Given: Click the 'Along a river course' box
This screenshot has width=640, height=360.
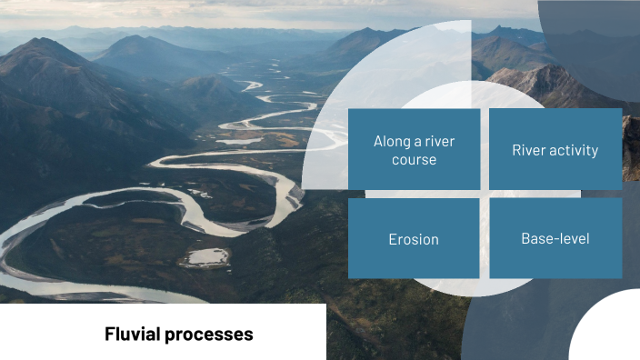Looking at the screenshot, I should point(414,150).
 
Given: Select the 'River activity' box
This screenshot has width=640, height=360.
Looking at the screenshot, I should point(555,150).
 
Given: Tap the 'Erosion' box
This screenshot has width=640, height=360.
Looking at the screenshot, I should point(414,238).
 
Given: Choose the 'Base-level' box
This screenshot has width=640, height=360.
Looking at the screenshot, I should point(555,238).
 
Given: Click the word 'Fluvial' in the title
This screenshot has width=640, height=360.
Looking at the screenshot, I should point(133,334).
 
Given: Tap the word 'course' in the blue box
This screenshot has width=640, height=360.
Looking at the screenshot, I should point(415,160).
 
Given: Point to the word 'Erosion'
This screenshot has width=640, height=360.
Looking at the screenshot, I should point(414,239).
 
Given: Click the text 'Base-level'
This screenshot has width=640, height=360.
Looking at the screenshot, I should point(555,238).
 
